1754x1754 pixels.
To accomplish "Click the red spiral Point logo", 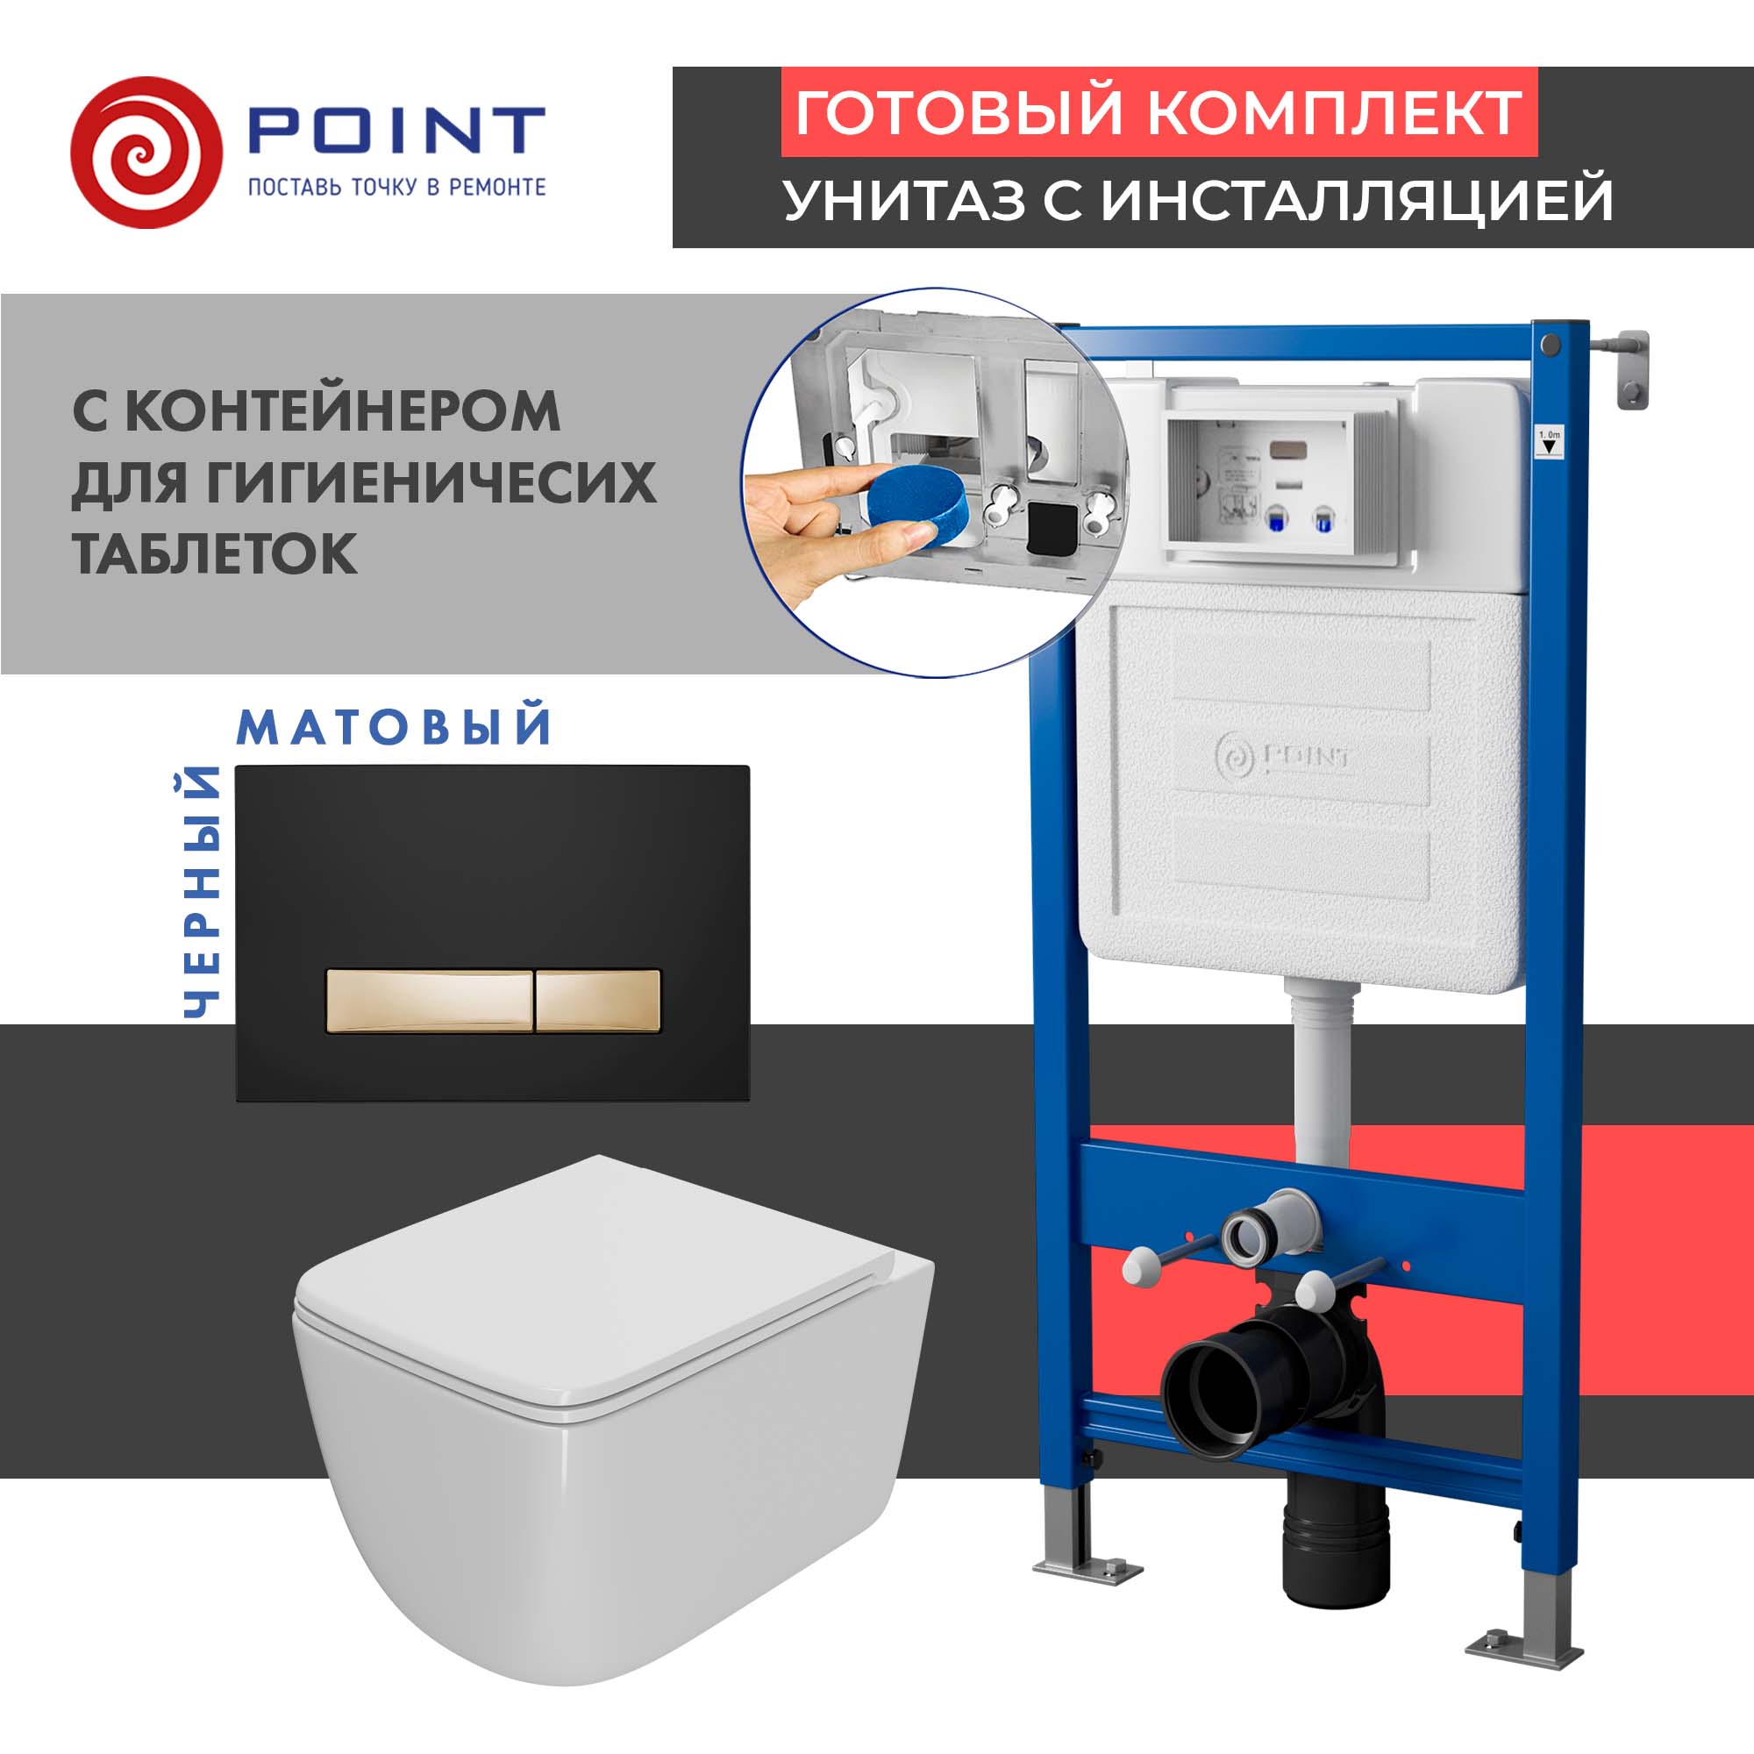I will click(146, 152).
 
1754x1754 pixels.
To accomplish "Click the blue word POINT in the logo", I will click(396, 131).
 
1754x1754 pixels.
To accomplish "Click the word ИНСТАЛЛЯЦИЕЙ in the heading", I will click(1358, 200).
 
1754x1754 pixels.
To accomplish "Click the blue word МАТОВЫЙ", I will click(394, 727).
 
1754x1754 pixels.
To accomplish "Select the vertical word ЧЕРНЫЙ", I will click(202, 892).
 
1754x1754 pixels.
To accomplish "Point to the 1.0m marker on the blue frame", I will click(1549, 442).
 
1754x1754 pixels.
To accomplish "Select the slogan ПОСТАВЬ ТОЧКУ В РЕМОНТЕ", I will click(396, 187).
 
